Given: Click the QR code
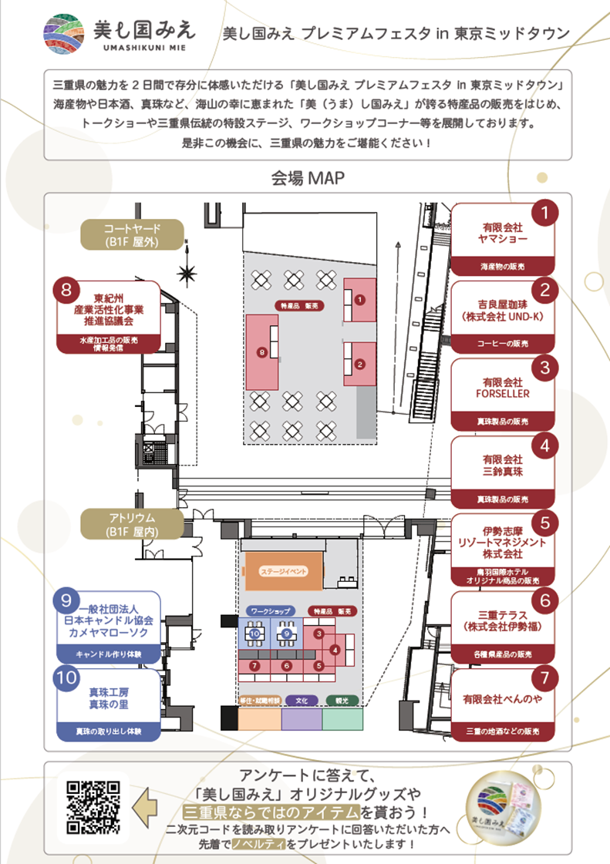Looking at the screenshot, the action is click(93, 808).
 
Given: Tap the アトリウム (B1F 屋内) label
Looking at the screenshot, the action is click(132, 524).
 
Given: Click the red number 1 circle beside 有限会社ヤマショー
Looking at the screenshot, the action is click(546, 213).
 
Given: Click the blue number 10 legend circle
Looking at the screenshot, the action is click(66, 679).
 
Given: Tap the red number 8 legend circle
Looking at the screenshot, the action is click(66, 291).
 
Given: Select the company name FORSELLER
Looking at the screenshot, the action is click(502, 394).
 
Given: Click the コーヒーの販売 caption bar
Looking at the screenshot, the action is click(502, 345).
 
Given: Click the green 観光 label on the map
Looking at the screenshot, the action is click(342, 701).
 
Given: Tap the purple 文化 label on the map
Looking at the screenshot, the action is click(302, 701).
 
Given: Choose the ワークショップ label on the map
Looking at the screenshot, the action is click(269, 610).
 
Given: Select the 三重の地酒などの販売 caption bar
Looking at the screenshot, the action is click(502, 730).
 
